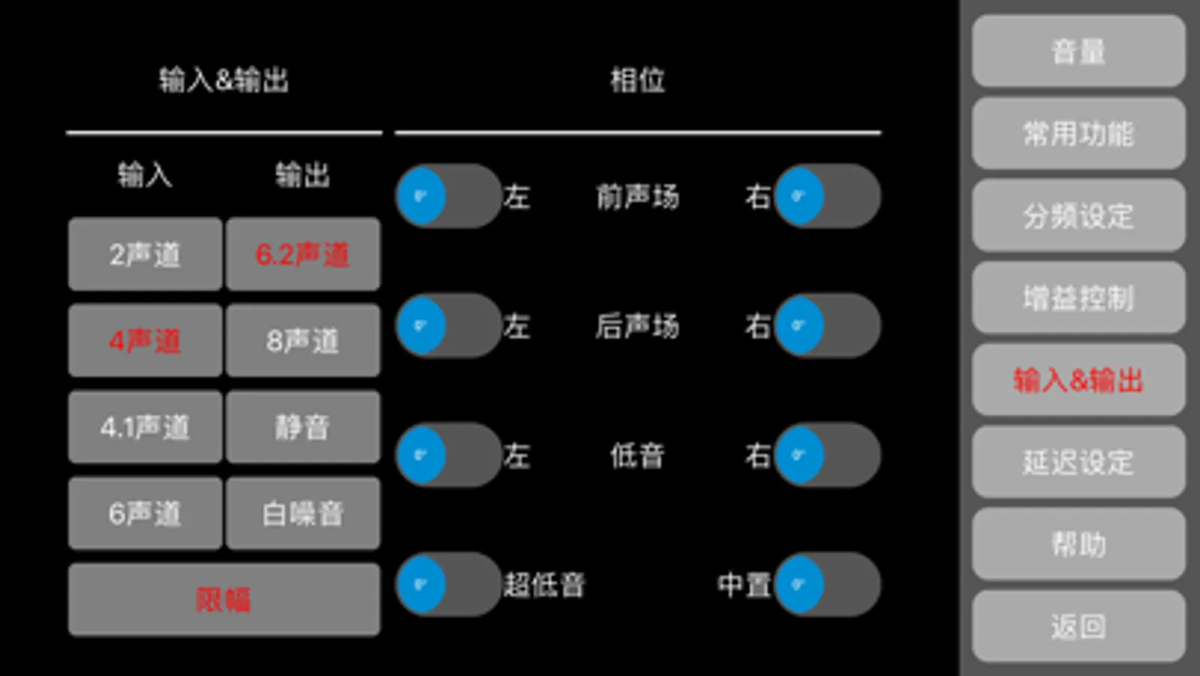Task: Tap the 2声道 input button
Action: pos(145,254)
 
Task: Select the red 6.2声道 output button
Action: pos(303,254)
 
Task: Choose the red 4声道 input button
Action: pos(145,340)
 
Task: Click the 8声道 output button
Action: pos(303,340)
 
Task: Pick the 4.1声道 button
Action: pos(145,427)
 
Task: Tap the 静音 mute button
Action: pos(303,427)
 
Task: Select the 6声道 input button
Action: pos(145,514)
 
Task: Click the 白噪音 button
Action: pos(303,514)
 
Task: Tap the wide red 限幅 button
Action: pos(224,600)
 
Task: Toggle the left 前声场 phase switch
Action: pos(449,196)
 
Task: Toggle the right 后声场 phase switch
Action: pos(827,325)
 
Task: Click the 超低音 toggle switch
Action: pos(449,584)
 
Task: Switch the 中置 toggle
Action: pos(827,584)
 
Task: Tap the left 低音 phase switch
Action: pos(449,454)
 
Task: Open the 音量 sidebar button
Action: pos(1078,51)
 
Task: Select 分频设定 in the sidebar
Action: pos(1078,216)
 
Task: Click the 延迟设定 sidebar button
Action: pos(1078,462)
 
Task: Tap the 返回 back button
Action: pos(1078,626)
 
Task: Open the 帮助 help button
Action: pos(1078,544)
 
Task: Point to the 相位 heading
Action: pos(637,80)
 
